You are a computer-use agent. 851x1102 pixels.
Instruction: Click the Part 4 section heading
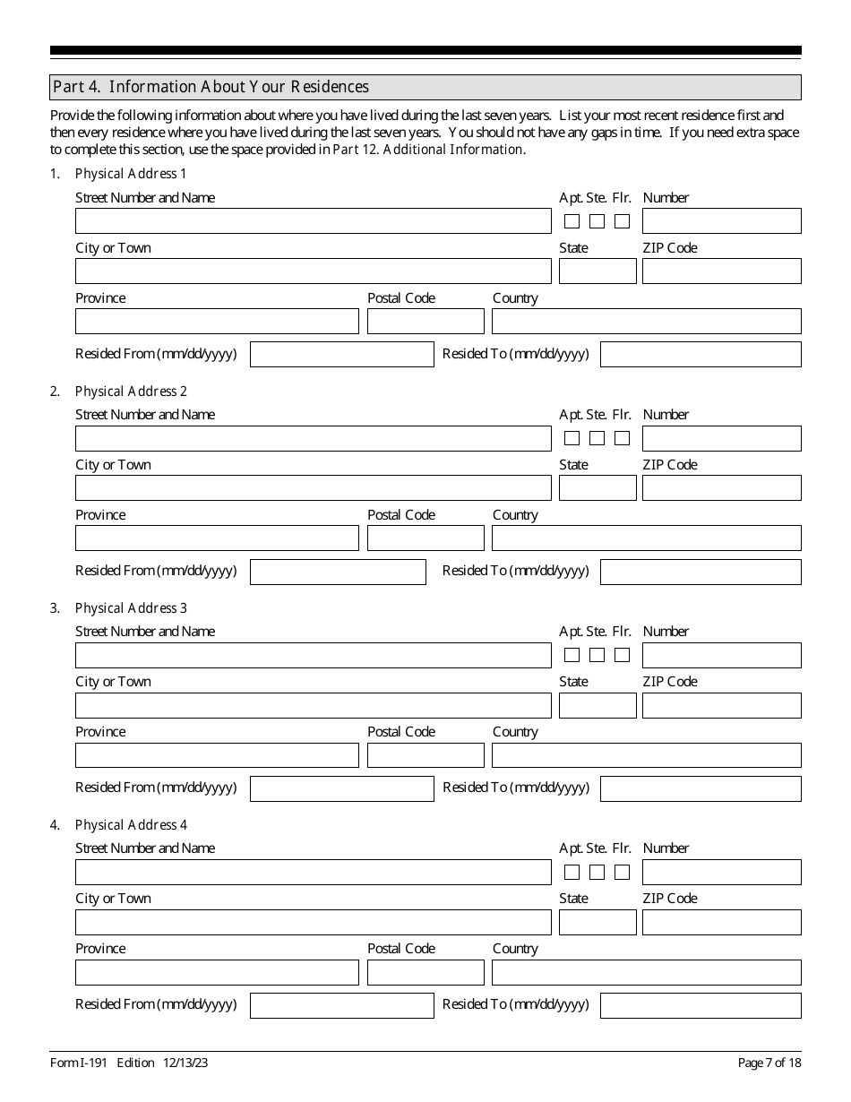point(211,87)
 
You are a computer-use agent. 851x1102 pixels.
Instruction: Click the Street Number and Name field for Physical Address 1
point(313,221)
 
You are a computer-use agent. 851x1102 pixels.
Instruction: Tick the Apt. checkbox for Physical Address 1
point(572,221)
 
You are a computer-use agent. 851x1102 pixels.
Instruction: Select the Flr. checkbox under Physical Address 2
point(622,438)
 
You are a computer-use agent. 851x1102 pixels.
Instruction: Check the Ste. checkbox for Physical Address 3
point(597,655)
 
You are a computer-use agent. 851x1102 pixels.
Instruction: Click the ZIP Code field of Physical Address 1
point(721,271)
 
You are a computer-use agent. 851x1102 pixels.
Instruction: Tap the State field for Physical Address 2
point(597,488)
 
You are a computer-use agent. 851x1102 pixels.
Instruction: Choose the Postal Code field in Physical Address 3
point(425,755)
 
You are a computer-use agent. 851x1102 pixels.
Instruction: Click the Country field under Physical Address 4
point(646,972)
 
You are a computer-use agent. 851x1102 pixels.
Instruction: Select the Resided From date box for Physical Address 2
point(338,572)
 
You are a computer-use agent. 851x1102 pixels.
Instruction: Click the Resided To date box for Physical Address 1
point(701,355)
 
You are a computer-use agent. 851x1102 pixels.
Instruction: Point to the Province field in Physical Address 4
point(217,972)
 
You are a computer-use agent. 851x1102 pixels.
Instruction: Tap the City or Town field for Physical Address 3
point(313,705)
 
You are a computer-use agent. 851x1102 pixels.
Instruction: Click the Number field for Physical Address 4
point(721,872)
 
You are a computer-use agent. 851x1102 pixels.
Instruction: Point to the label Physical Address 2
point(131,392)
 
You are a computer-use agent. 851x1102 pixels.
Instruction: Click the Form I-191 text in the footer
point(79,1063)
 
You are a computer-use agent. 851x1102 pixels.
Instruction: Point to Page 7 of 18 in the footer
point(769,1063)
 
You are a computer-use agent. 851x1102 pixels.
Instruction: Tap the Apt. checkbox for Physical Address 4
point(572,872)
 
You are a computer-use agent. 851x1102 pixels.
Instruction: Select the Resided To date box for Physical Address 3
point(701,788)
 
